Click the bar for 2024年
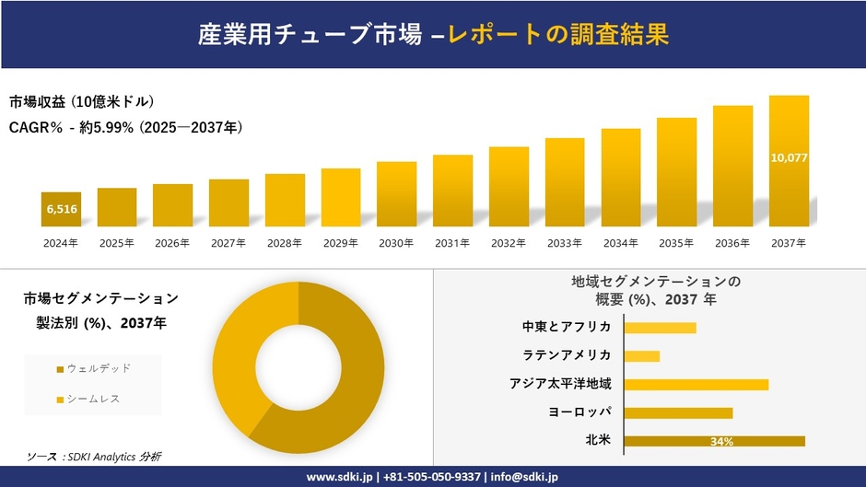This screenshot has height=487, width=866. coord(61,209)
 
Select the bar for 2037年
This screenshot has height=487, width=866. coord(789,161)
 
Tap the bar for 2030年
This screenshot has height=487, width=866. coord(396,193)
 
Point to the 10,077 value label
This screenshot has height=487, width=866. coord(789,158)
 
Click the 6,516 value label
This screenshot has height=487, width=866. coord(61,210)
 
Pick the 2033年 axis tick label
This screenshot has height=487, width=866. coord(565,243)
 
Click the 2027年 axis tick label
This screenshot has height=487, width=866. coord(228,243)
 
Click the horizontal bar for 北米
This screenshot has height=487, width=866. coord(714,441)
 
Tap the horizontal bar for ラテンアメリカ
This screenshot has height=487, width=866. coord(641,355)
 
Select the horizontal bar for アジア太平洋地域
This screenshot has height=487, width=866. coord(696,384)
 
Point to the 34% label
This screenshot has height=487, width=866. coord(721,442)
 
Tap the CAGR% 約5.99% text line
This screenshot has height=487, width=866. coord(126,127)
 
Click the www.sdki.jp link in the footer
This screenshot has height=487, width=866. coord(338,477)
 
